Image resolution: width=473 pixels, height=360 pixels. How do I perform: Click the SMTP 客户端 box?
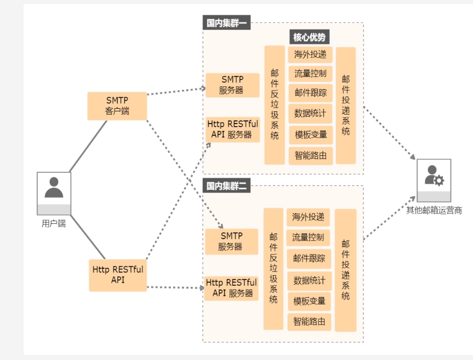(117, 106)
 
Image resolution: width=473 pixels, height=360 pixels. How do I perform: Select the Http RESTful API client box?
(118, 275)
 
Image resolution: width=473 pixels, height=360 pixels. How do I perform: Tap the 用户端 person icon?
(54, 194)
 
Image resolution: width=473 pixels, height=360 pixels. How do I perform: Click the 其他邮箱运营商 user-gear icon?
(434, 180)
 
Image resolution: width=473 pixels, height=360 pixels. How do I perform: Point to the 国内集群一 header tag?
(226, 23)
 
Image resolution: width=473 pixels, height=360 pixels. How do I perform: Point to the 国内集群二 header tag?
(226, 186)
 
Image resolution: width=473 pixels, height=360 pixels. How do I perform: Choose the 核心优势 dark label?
(310, 37)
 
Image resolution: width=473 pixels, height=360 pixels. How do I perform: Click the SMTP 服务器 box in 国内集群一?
(232, 85)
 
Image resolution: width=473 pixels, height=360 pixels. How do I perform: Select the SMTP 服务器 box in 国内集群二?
(231, 242)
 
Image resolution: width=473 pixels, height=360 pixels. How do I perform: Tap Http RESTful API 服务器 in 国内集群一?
(233, 129)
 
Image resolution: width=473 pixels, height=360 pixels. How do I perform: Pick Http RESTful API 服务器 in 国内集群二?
(231, 288)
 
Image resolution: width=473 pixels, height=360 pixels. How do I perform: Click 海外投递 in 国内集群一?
(310, 55)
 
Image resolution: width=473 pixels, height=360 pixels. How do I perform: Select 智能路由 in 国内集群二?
(309, 322)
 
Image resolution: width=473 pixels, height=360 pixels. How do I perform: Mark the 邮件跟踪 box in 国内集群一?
(310, 93)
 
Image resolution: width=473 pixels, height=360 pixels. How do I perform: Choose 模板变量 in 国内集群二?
(309, 301)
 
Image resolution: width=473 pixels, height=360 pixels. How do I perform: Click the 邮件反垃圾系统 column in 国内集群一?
(275, 105)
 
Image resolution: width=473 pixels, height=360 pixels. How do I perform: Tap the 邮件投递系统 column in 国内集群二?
(346, 270)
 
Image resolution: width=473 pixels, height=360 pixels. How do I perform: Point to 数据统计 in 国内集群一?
(310, 113)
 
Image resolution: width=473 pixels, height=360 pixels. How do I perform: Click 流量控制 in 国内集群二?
(308, 238)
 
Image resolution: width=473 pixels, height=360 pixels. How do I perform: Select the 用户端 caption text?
(54, 223)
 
